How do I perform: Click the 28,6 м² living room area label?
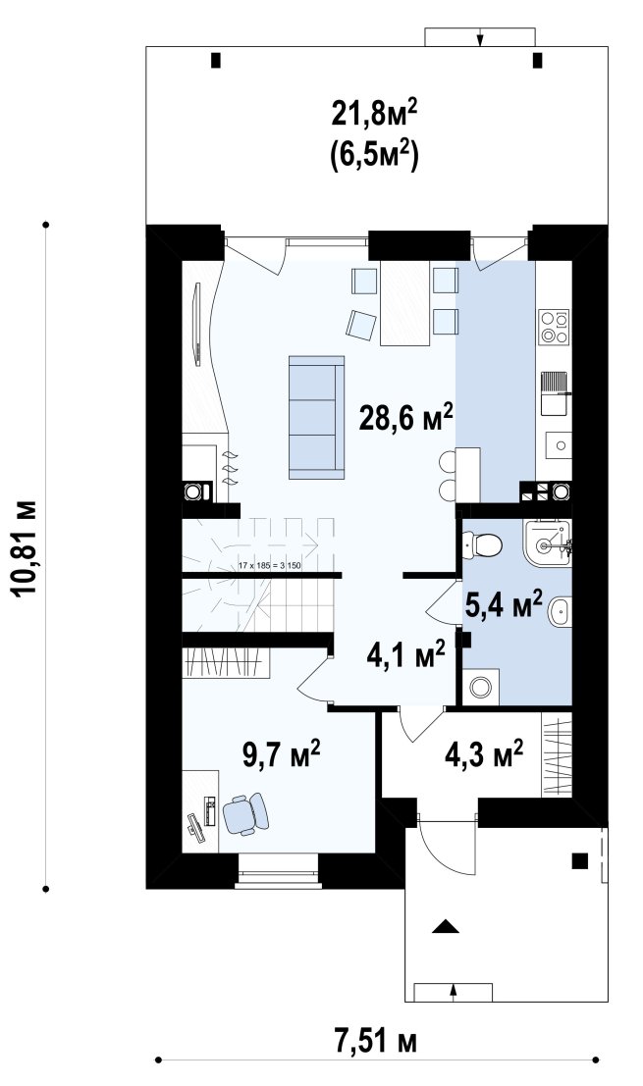(x=406, y=418)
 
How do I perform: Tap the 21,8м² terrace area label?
(x=374, y=113)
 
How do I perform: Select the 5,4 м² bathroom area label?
(x=503, y=607)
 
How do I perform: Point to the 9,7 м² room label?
(x=281, y=754)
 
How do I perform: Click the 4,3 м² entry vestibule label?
(x=483, y=754)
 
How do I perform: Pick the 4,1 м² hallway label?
(x=405, y=654)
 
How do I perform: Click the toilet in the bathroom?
(x=483, y=544)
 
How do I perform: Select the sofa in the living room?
(x=317, y=417)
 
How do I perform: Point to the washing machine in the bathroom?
(x=480, y=687)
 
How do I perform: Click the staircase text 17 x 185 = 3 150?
(x=270, y=566)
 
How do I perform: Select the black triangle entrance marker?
(x=446, y=926)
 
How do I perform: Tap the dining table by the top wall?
(x=404, y=303)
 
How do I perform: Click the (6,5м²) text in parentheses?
(x=374, y=152)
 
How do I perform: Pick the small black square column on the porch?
(x=579, y=861)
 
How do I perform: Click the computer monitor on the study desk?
(x=194, y=829)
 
